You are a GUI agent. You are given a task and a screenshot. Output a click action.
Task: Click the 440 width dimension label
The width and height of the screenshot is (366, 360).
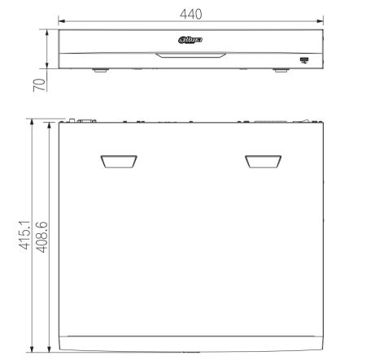(191, 14)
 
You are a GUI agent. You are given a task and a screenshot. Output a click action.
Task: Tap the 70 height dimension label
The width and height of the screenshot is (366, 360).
(39, 85)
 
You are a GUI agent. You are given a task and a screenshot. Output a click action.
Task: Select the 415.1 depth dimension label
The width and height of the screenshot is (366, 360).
(24, 235)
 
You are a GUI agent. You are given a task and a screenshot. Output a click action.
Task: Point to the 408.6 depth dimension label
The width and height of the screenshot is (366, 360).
(41, 237)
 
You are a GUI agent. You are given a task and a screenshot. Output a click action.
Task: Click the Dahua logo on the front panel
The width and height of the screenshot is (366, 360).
(190, 40)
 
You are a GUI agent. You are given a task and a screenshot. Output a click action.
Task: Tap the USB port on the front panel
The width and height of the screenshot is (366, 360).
(304, 60)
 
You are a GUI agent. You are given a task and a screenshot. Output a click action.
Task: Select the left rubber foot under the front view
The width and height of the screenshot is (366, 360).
(100, 70)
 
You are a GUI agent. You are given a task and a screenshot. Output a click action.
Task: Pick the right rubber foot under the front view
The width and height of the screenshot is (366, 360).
(281, 70)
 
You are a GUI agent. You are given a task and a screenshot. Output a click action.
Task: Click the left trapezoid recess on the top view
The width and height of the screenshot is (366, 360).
(119, 162)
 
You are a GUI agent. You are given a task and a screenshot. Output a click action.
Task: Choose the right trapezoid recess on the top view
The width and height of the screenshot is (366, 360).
(264, 162)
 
